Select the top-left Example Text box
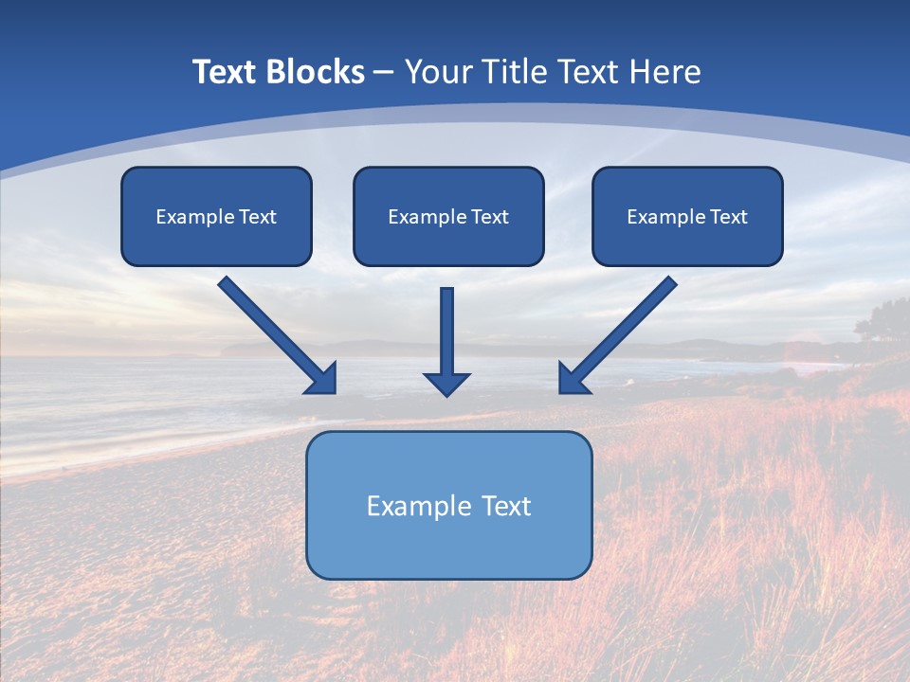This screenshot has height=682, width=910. [x=216, y=216]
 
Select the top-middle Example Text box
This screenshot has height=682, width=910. [x=448, y=216]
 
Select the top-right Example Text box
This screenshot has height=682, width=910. [x=687, y=216]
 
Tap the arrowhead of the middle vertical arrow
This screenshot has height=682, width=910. [x=446, y=384]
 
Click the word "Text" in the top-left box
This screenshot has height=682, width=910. [x=258, y=217]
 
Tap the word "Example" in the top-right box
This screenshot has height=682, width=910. [x=665, y=217]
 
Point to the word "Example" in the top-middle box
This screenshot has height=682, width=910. [x=428, y=217]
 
